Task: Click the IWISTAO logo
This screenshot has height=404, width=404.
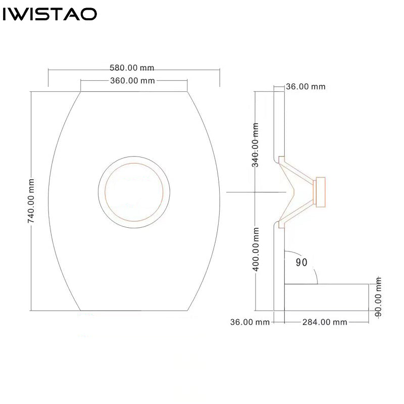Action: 49,14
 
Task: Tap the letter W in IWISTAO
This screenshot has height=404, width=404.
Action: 20,14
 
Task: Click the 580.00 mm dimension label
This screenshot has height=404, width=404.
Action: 132,68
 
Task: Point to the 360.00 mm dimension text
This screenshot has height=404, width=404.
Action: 132,81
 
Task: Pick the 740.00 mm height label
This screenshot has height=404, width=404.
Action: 31,201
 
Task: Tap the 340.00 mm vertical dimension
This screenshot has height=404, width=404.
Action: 255,145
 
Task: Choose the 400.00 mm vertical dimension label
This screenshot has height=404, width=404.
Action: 256,249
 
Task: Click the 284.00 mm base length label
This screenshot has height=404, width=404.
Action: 325,322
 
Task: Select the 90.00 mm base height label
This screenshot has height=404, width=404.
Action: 378,297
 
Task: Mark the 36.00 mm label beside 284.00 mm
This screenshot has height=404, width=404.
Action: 250,322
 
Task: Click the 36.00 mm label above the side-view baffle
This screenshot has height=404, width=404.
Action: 306,86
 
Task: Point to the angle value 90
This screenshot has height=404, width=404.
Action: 301,262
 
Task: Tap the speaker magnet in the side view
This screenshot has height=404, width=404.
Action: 321,192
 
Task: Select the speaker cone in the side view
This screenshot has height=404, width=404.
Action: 296,192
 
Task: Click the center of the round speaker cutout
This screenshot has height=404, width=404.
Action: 134,192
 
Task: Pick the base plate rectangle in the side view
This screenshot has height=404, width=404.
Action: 326,297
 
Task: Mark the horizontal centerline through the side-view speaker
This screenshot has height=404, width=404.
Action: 256,192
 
